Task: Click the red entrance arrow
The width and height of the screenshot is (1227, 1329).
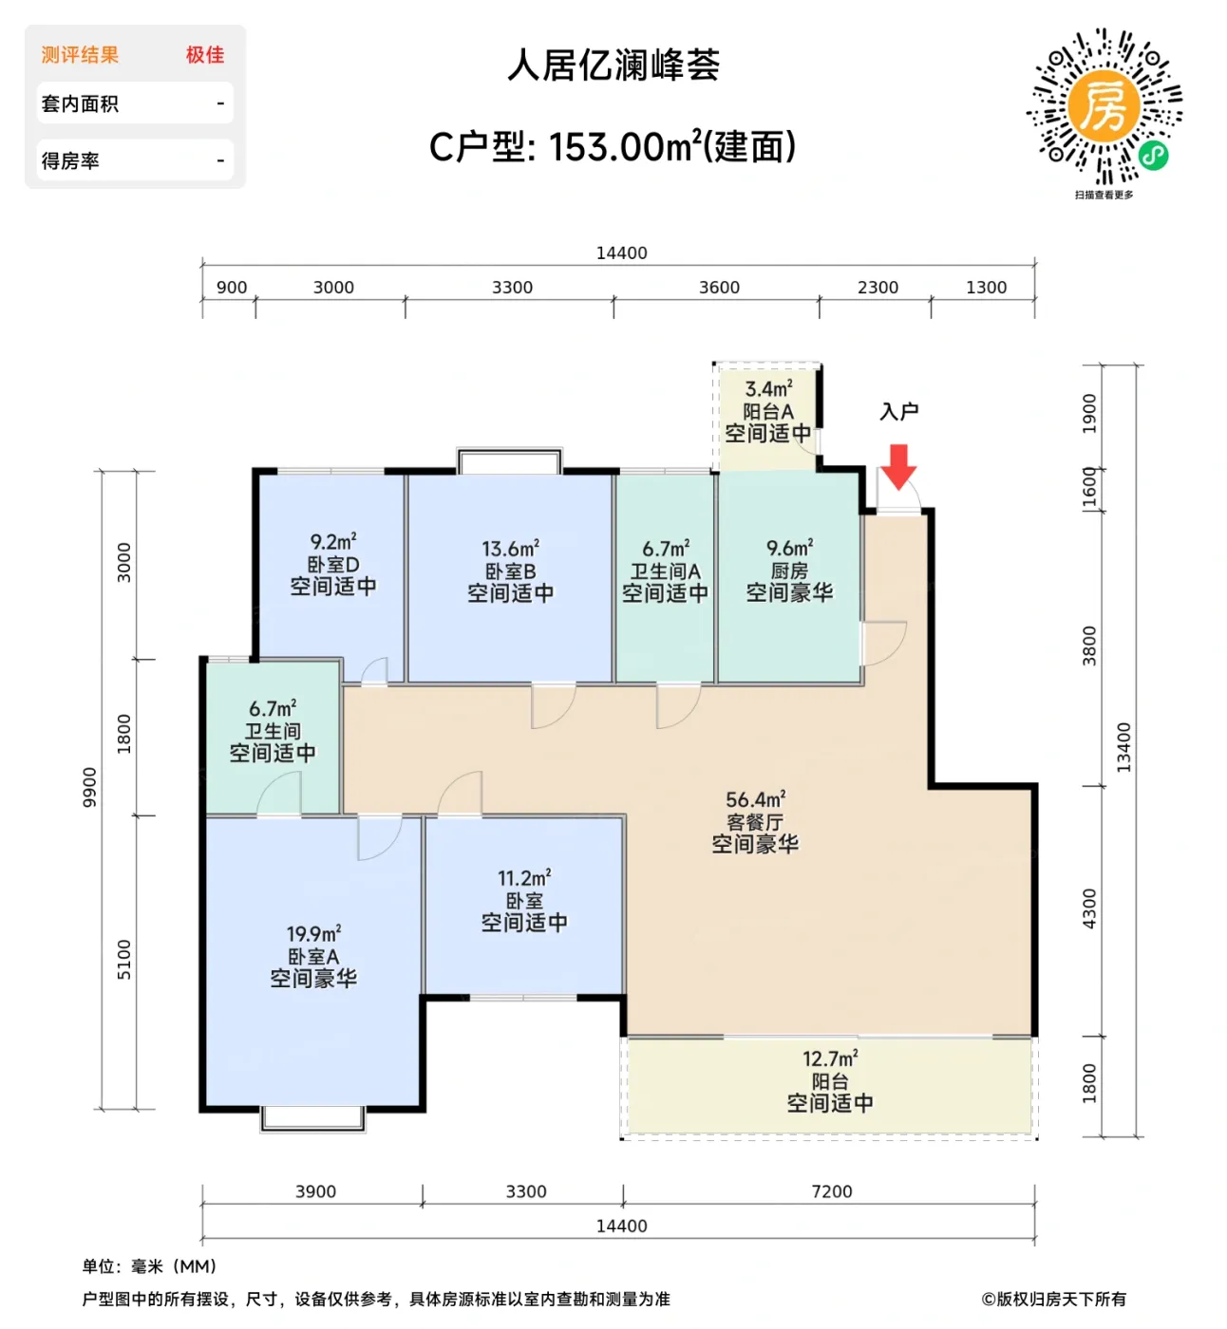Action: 897,466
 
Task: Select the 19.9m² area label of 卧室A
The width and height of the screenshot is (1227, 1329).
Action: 313,934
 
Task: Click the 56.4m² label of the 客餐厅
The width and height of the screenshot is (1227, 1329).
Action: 755,799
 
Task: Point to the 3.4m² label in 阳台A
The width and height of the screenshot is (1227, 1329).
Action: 768,389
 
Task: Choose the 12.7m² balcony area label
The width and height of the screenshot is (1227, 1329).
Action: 829,1058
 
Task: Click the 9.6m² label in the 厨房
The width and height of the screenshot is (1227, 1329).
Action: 789,548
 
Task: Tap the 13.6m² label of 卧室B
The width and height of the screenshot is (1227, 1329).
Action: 510,549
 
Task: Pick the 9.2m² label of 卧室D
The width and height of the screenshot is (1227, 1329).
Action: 332,542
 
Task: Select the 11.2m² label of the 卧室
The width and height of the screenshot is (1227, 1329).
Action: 524,878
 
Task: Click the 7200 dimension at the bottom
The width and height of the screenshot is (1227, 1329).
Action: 831,1191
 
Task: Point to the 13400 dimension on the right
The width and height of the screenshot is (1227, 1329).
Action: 1123,747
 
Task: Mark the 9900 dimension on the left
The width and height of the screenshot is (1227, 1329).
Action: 89,788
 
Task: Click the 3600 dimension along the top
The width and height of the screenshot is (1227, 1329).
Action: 719,288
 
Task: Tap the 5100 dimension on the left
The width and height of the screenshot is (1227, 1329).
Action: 124,960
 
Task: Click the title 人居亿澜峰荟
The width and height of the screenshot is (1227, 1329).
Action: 613,66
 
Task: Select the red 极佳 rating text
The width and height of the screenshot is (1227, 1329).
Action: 205,55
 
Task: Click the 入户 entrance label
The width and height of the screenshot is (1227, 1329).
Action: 898,411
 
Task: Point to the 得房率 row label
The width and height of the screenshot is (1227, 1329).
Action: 70,161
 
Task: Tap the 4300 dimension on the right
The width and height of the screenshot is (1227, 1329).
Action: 1089,909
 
